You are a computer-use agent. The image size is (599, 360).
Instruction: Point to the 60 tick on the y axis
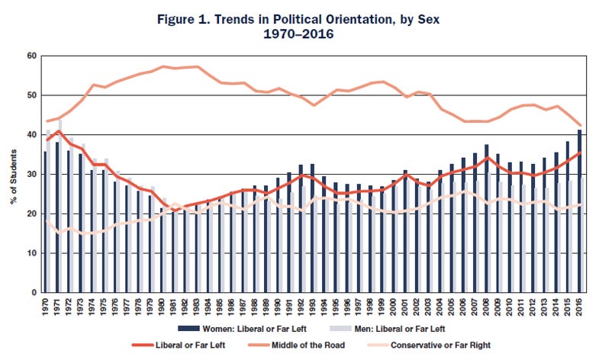pos(33,56)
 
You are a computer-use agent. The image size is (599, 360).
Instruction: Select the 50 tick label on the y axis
pos(33,95)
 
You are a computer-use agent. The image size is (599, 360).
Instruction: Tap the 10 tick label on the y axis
pos(33,253)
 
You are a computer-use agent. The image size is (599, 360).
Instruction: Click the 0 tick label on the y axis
pos(35,293)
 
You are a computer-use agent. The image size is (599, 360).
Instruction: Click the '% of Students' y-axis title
pos(13,174)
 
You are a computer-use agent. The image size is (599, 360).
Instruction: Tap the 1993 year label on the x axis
pos(313,307)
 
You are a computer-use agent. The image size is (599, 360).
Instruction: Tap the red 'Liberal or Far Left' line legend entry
pos(169,345)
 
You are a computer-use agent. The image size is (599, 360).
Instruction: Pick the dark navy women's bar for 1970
pos(45,222)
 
